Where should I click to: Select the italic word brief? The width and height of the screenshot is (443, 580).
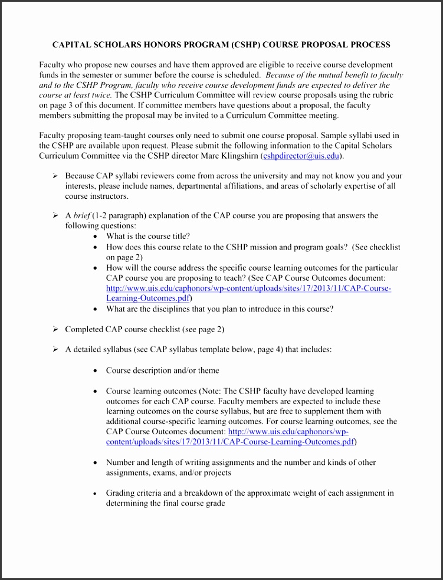coord(82,215)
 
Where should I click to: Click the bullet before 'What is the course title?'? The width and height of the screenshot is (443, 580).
coord(96,236)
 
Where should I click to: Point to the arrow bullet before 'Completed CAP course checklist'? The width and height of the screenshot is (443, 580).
coord(55,329)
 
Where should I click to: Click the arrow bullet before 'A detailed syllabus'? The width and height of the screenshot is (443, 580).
coord(55,349)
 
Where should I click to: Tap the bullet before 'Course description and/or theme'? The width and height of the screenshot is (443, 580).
coord(96,371)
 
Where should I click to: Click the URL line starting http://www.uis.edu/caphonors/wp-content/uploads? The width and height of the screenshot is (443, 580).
coord(248,289)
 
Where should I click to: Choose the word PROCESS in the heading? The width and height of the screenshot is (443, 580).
coord(369,45)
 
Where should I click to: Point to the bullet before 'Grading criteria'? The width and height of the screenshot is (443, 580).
coord(96,493)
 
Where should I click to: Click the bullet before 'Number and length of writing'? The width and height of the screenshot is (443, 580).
coord(96,463)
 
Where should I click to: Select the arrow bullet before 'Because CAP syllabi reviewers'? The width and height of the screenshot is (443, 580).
coord(55,176)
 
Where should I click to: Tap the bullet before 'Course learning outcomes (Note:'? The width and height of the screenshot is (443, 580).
coord(96,391)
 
